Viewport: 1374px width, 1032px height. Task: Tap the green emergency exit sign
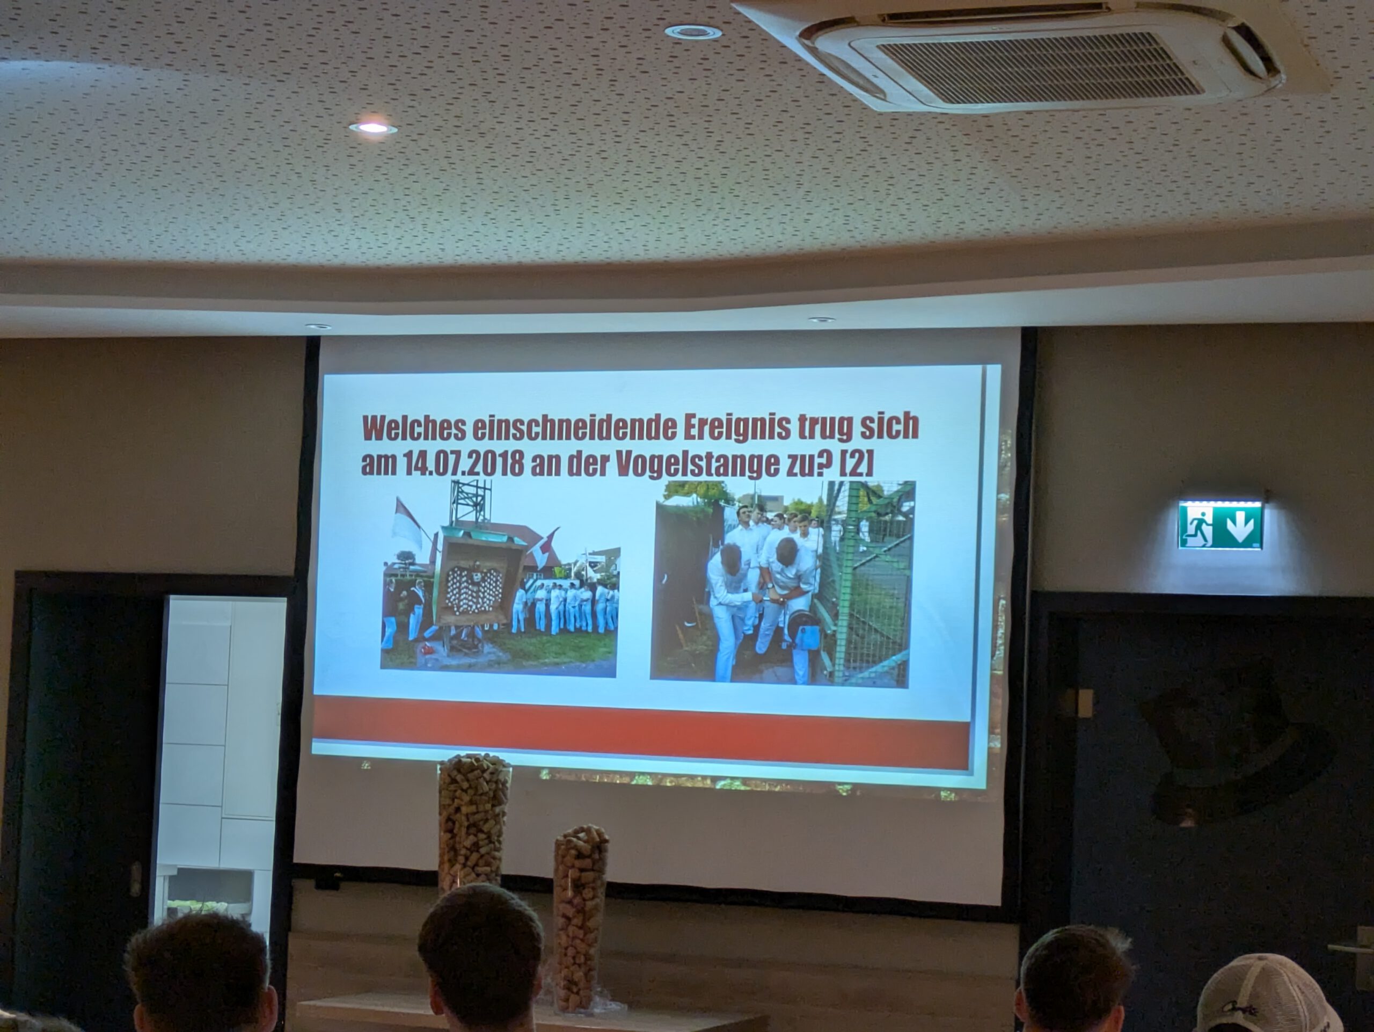[x=1220, y=525]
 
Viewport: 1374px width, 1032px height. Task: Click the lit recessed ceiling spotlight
[x=372, y=128]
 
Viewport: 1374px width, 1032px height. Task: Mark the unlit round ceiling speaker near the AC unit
[x=692, y=31]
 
